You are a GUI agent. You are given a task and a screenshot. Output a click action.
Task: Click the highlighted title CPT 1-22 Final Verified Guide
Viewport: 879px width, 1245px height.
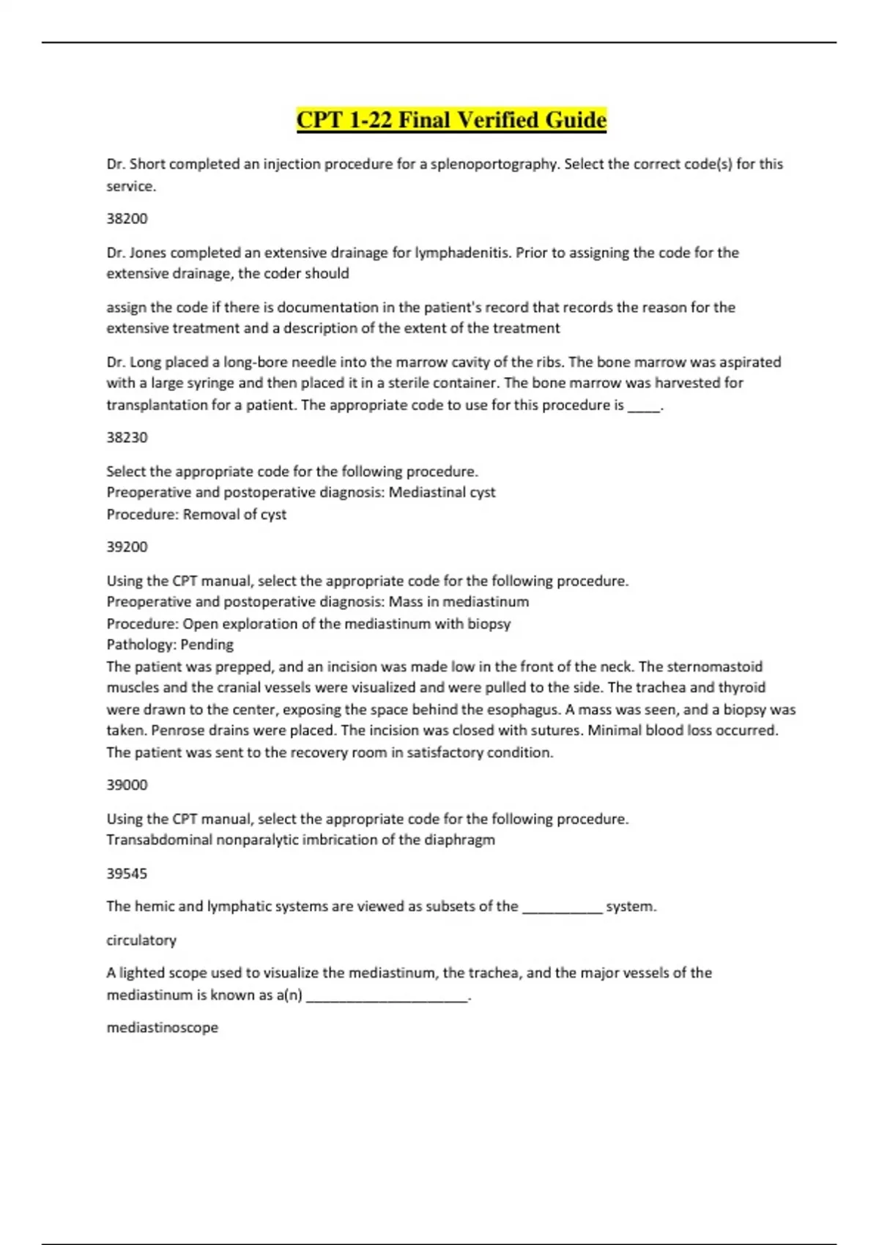coord(451,119)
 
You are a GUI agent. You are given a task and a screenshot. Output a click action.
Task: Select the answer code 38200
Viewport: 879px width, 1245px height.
coord(127,218)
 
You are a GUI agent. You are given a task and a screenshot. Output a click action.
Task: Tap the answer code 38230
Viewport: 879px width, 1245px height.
coord(127,437)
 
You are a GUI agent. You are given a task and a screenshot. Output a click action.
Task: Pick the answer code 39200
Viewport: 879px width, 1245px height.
coord(127,546)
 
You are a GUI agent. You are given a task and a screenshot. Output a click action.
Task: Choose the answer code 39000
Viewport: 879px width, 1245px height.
coord(127,784)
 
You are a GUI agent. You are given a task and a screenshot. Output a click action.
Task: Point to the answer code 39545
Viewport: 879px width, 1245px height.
coord(127,873)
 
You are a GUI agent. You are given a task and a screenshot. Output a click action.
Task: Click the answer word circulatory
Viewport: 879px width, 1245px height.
coord(141,940)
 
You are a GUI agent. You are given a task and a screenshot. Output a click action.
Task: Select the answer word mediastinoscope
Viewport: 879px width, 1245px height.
coord(162,1027)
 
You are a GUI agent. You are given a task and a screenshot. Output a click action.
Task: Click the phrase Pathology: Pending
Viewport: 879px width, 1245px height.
coord(170,644)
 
